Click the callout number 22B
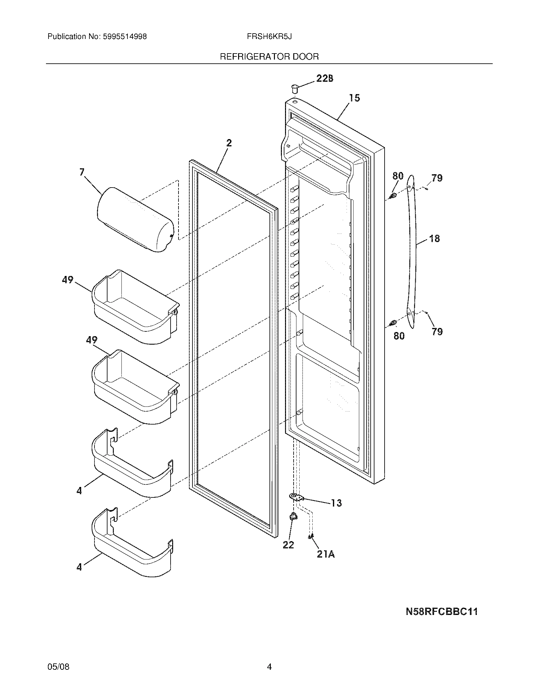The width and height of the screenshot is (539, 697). point(325,78)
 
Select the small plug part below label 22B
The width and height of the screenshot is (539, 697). point(295,88)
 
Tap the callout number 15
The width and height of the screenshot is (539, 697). point(354,98)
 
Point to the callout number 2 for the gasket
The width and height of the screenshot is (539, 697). point(229,143)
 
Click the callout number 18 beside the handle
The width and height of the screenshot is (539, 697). point(435,238)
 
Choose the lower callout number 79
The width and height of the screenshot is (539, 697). point(437,332)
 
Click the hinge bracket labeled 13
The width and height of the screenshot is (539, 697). point(296,496)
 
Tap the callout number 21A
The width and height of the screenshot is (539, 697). point(326,554)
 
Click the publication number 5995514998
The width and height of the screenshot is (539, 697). point(125,37)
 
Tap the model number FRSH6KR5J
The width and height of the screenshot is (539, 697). point(269,37)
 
